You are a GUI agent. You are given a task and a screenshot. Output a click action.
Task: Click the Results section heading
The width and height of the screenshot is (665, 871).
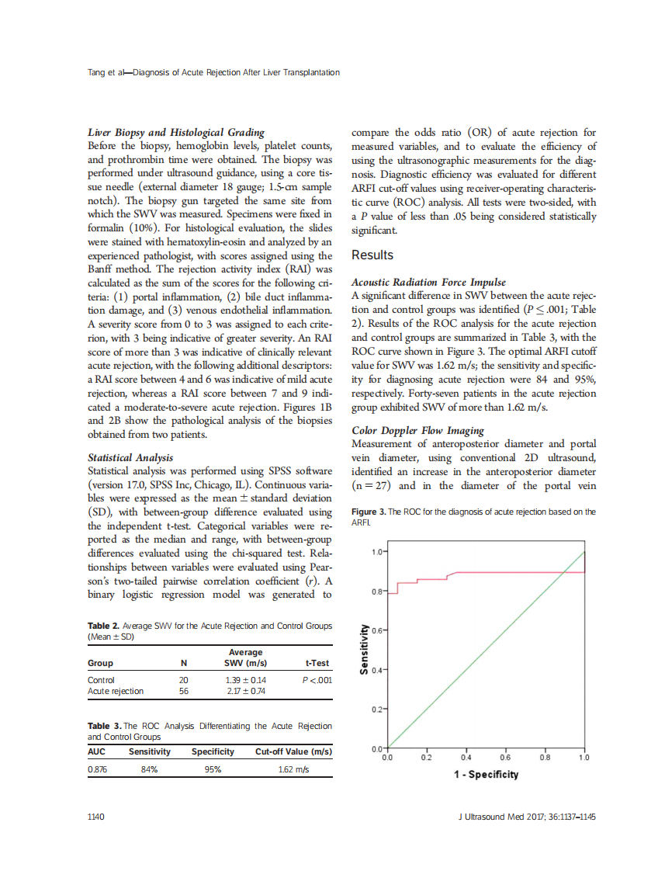[372, 255]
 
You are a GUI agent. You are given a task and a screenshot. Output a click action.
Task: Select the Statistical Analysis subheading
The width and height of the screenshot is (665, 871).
[130, 458]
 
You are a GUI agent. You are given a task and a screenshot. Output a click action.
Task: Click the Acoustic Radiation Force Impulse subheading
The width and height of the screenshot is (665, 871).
[428, 283]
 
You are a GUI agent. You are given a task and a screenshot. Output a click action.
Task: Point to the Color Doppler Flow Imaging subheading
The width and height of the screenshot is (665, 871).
[417, 430]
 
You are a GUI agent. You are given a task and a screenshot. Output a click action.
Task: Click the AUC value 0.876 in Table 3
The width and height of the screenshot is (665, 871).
[99, 769]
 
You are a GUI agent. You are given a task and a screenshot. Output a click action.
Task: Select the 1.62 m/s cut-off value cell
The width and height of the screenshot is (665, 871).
[293, 769]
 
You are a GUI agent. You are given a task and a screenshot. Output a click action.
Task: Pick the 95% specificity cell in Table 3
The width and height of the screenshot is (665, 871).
[213, 769]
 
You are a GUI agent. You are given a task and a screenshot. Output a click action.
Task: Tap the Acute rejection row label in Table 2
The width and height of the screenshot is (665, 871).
[116, 691]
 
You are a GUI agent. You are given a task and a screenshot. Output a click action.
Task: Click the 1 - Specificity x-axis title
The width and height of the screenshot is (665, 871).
[486, 774]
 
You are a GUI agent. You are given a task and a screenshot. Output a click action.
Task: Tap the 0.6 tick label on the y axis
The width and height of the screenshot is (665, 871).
[377, 631]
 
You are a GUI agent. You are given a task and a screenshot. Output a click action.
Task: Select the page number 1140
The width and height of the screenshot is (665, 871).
[99, 817]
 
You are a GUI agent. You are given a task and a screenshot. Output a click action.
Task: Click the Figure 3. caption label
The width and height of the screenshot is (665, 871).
[368, 512]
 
